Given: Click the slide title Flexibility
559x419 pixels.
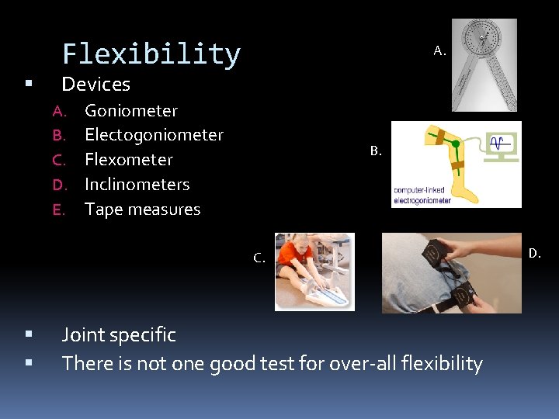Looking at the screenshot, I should point(151,54).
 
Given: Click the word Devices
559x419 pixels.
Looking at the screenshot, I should point(95,84).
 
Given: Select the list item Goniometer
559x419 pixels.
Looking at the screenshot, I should point(130,111).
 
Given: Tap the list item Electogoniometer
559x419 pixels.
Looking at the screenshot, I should point(154,135).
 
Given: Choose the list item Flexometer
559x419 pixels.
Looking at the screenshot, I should point(128,160).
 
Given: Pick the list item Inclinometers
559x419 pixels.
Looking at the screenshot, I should point(137,185).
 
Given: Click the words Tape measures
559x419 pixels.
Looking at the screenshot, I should point(142,209).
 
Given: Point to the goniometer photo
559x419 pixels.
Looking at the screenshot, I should point(484,65).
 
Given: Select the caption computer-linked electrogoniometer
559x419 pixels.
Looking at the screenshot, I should point(420,194).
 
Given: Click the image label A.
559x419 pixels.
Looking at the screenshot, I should point(439,51).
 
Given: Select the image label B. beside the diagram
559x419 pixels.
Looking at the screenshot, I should point(376,151).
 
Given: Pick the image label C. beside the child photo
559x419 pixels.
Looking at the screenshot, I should point(259,258).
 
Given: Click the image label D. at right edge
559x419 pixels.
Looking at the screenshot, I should point(535,253).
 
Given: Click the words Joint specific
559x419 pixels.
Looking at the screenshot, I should point(119,335).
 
